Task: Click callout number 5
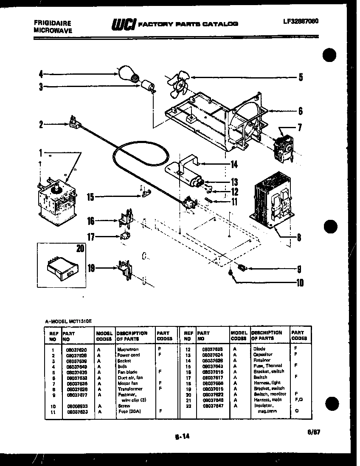click(300, 77)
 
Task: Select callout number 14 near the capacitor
click(234, 165)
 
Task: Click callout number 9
click(299, 268)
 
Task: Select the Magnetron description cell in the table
click(127, 349)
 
